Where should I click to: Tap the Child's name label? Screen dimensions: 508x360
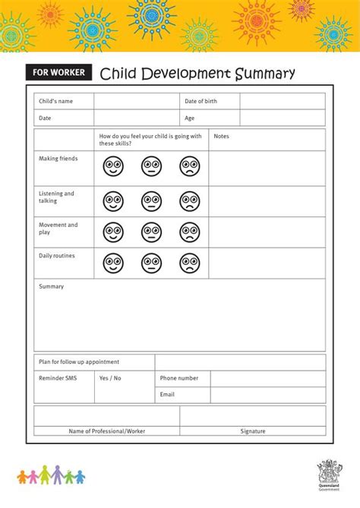pyautogui.click(x=55, y=101)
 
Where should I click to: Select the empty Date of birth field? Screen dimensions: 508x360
pyautogui.click(x=282, y=101)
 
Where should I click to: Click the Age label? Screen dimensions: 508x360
pyautogui.click(x=190, y=118)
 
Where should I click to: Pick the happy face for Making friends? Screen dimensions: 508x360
pyautogui.click(x=113, y=166)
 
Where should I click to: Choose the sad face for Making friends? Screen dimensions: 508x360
pyautogui.click(x=190, y=166)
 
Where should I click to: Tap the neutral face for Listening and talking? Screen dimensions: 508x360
pyautogui.click(x=151, y=200)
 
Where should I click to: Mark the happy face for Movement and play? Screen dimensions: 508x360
pyautogui.click(x=113, y=232)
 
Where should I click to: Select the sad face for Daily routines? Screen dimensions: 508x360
pyautogui.click(x=190, y=263)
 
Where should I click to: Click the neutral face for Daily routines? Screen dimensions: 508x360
pyautogui.click(x=151, y=263)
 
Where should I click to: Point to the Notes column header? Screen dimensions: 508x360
pyautogui.click(x=221, y=137)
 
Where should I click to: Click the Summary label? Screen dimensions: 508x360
pyautogui.click(x=51, y=286)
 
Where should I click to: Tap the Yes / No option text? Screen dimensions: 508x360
pyautogui.click(x=110, y=378)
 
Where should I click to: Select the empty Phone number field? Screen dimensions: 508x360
pyautogui.click(x=267, y=378)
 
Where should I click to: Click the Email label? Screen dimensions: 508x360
pyautogui.click(x=167, y=395)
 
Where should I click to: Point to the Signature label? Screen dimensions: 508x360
pyautogui.click(x=253, y=431)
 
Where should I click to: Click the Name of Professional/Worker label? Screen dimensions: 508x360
pyautogui.click(x=106, y=431)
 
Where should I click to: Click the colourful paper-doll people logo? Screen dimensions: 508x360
pyautogui.click(x=52, y=475)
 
